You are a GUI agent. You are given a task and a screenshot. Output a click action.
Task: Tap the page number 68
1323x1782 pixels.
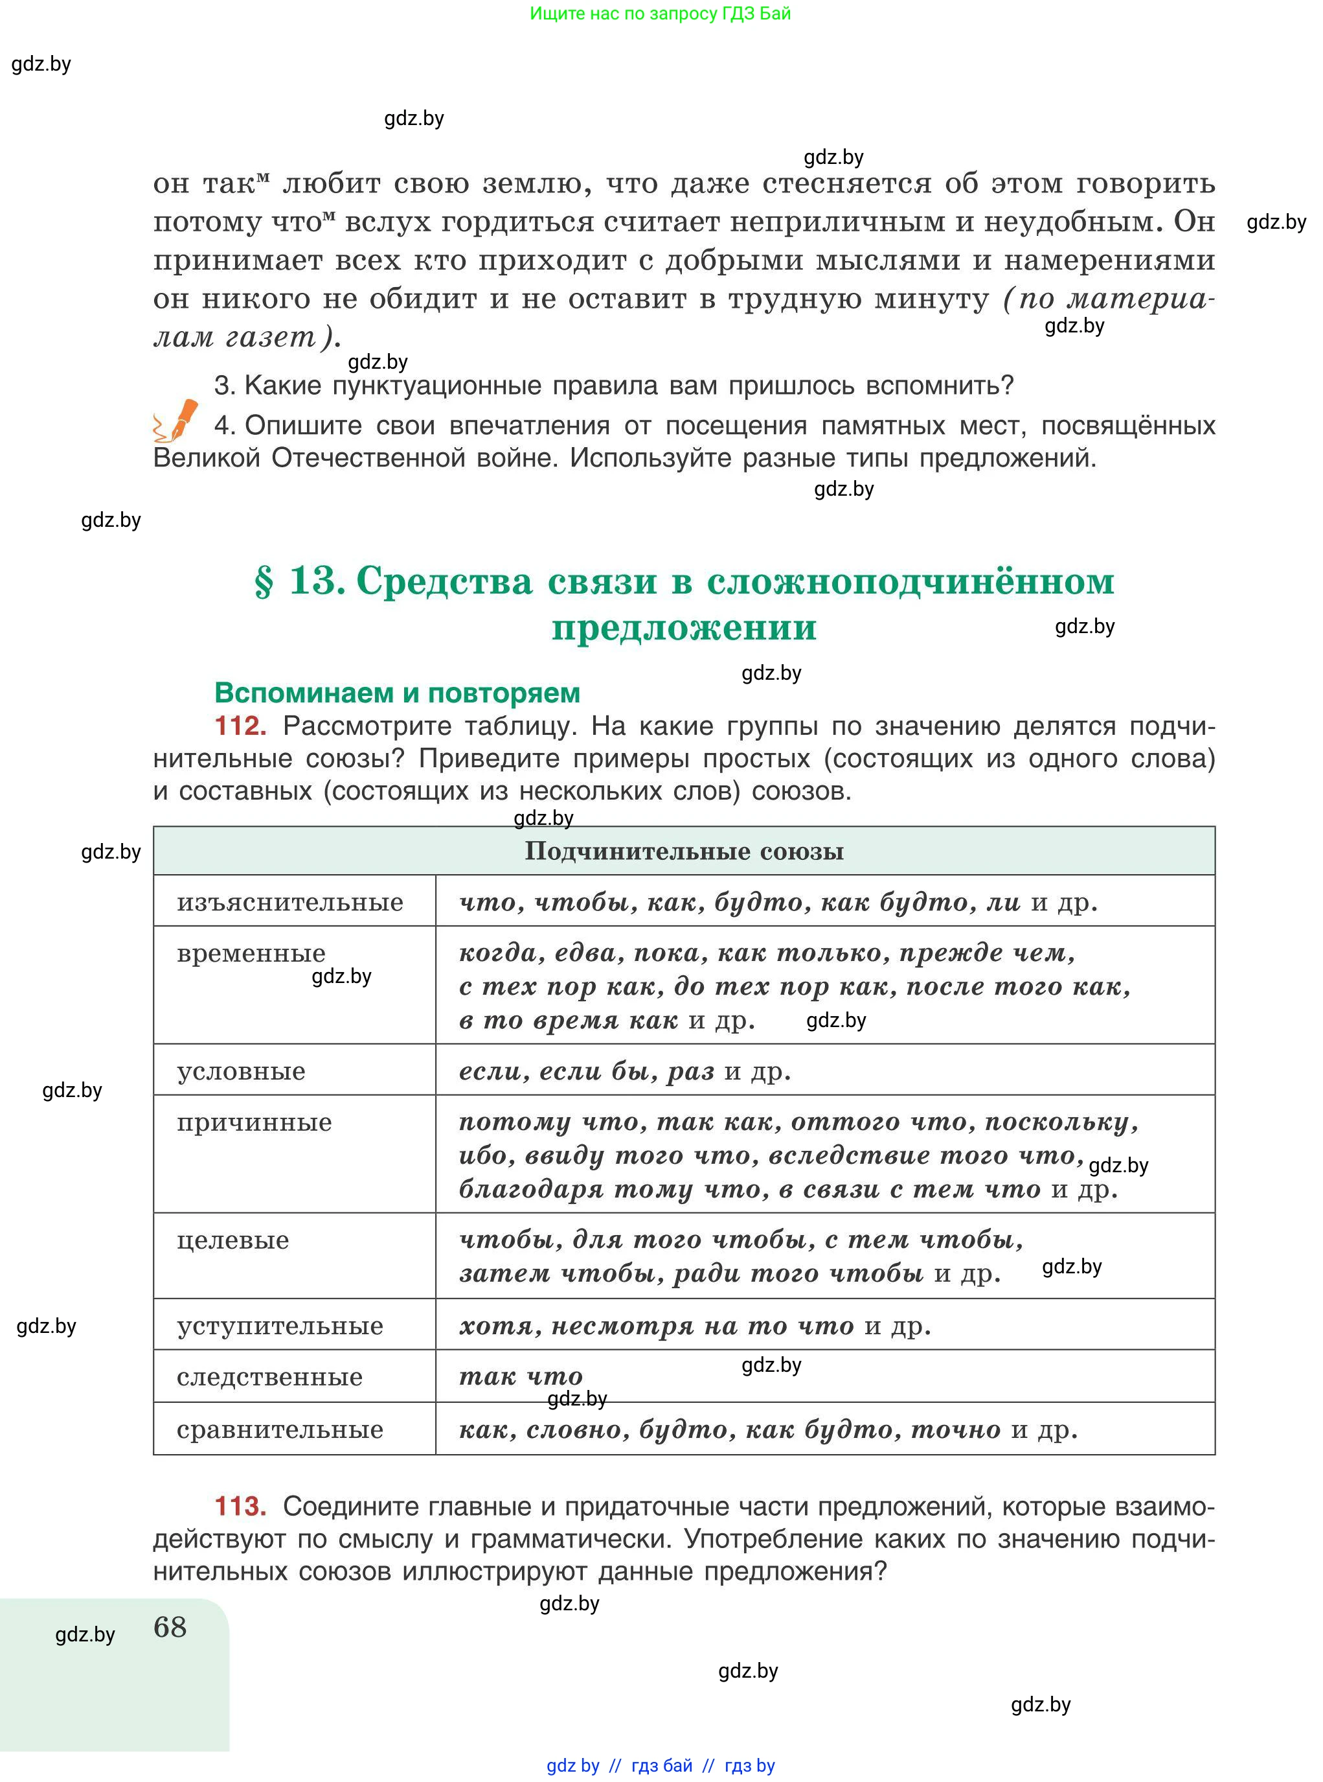click(170, 1626)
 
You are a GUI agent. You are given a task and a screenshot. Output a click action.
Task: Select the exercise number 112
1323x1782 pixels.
click(240, 726)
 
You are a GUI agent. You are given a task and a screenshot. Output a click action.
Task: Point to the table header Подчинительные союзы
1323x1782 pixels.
click(684, 851)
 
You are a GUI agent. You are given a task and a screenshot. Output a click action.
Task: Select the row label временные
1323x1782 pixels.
click(251, 953)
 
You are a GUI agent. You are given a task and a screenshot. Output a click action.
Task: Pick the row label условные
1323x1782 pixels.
click(241, 1071)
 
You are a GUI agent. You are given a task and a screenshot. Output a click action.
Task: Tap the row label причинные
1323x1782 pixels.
click(254, 1122)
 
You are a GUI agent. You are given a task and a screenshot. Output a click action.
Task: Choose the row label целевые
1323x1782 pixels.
click(233, 1240)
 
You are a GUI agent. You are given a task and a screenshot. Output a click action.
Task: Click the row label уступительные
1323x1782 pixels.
click(280, 1326)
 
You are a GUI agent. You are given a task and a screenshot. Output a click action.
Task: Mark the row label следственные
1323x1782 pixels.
click(270, 1378)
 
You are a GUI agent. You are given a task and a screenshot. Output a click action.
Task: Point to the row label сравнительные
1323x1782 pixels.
click(280, 1430)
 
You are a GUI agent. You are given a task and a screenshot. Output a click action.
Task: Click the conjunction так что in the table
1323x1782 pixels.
click(521, 1378)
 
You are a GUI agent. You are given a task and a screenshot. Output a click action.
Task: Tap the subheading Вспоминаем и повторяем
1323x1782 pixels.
click(397, 692)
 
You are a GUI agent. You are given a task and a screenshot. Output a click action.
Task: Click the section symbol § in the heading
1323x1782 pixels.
click(264, 582)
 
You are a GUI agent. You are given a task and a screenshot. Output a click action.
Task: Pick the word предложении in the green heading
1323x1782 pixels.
click(684, 627)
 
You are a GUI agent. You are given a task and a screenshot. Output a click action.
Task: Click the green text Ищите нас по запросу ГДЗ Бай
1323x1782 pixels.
click(660, 14)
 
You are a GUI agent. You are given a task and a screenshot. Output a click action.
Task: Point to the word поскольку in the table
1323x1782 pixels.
click(1060, 1122)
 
